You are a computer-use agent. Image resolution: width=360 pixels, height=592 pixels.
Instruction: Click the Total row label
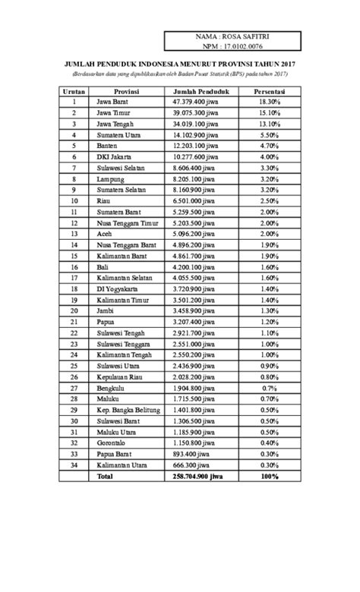pos(104,476)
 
